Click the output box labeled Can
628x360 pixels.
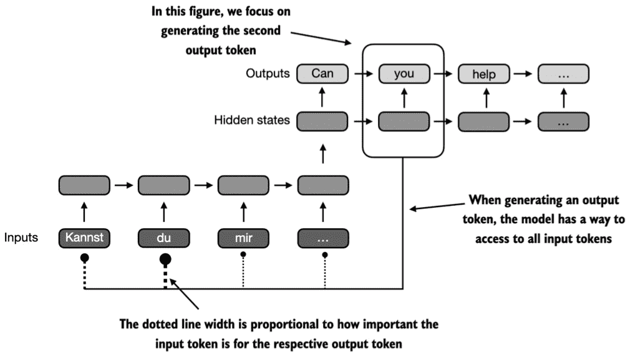tap(322, 74)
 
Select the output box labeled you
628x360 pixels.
tap(404, 74)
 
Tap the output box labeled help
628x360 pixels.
tap(484, 74)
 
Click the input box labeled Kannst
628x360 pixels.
tap(84, 238)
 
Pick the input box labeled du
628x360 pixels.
tap(164, 238)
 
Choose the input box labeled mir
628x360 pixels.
tap(243, 238)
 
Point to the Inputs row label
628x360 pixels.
tap(21, 237)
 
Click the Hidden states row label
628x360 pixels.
tap(251, 120)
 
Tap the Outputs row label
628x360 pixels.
tap(268, 74)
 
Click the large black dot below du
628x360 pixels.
tap(165, 260)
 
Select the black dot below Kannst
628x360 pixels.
tap(85, 258)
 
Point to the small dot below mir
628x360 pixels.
tap(243, 254)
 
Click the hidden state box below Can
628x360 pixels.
tap(322, 122)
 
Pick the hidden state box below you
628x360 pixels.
tap(404, 122)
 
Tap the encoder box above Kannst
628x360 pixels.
tap(84, 185)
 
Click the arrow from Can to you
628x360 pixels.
tap(364, 74)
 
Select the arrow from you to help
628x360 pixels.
tap(443, 74)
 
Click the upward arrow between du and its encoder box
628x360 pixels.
tap(164, 212)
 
